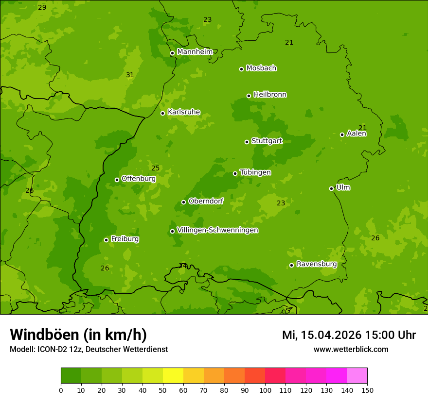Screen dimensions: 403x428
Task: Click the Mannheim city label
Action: click(195, 52)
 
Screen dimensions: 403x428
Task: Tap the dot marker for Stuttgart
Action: click(247, 142)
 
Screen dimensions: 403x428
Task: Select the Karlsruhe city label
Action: click(184, 112)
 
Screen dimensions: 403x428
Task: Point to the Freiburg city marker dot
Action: click(106, 240)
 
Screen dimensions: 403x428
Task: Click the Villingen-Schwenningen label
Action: click(217, 230)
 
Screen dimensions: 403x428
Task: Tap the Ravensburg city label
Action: click(317, 264)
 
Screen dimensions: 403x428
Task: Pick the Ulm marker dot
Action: click(331, 188)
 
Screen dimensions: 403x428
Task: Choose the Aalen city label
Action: click(357, 134)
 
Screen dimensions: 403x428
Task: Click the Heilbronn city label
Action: click(270, 95)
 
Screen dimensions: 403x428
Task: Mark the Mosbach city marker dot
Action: click(241, 69)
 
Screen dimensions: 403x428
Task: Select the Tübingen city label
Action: click(255, 172)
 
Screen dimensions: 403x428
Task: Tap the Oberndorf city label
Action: click(206, 201)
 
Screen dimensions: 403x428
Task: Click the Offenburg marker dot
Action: click(117, 180)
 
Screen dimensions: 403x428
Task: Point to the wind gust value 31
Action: click(130, 75)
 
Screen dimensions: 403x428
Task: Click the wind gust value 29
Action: click(42, 7)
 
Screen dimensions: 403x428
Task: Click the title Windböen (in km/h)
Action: click(78, 335)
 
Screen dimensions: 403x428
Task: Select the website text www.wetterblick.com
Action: click(351, 349)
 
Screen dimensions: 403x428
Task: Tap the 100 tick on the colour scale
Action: click(265, 390)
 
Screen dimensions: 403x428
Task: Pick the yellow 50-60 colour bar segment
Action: click(173, 375)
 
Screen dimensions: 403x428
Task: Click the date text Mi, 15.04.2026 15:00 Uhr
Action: click(349, 335)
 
